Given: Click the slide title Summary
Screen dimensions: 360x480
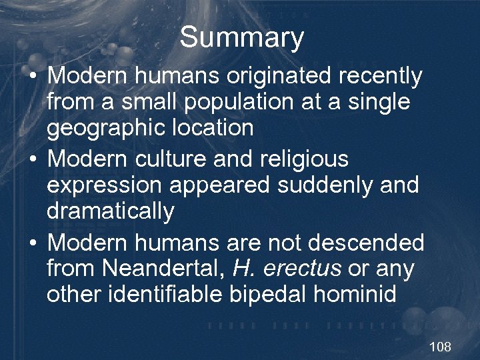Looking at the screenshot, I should coord(241,37).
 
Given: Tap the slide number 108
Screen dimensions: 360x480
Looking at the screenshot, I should coord(440,347).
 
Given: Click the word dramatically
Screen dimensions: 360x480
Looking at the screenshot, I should coord(110,211).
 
